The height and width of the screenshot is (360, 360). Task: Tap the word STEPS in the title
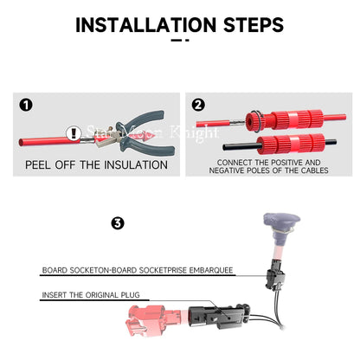pyautogui.click(x=254, y=25)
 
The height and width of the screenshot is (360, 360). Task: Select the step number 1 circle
pyautogui.click(x=26, y=105)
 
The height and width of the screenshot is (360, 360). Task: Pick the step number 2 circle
pyautogui.click(x=198, y=105)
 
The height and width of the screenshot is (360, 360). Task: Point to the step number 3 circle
pyautogui.click(x=118, y=223)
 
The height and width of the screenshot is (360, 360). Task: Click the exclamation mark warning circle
pyautogui.click(x=74, y=133)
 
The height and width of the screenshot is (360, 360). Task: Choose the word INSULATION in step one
pyautogui.click(x=136, y=165)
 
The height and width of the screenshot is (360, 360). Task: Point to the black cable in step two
pyautogui.click(x=240, y=146)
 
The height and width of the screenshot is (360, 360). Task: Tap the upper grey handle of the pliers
pyautogui.click(x=141, y=119)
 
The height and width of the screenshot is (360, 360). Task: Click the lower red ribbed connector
pyautogui.click(x=291, y=144)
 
